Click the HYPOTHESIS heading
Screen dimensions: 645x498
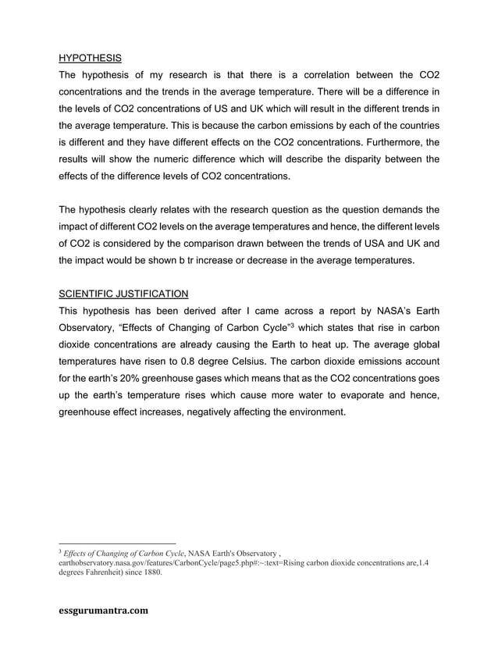point(90,58)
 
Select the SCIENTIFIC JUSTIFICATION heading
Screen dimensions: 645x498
point(123,294)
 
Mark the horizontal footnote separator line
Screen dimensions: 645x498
point(117,543)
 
